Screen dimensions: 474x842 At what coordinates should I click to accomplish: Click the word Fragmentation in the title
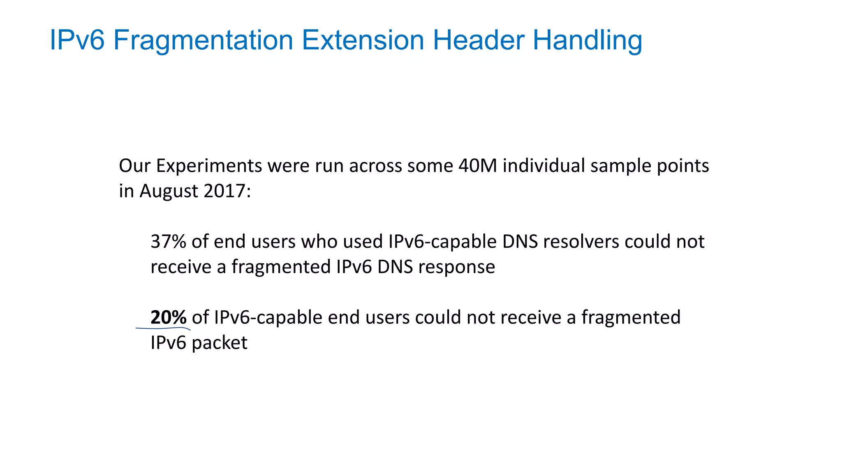pyautogui.click(x=203, y=40)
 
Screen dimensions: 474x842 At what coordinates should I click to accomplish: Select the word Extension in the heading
pyautogui.click(x=362, y=40)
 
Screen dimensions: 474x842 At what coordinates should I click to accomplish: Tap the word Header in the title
pyautogui.click(x=478, y=40)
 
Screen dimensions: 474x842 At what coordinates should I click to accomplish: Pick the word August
pyautogui.click(x=169, y=191)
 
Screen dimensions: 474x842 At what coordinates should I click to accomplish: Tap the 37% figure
pyautogui.click(x=168, y=242)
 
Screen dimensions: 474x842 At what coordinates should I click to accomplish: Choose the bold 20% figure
pyautogui.click(x=168, y=317)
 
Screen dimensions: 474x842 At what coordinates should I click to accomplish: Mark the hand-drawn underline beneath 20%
pyautogui.click(x=163, y=329)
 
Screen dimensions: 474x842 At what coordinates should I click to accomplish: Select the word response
pyautogui.click(x=456, y=267)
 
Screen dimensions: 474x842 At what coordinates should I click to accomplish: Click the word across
pyautogui.click(x=375, y=166)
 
